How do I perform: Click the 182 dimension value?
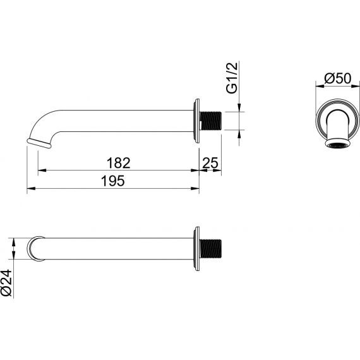pyautogui.click(x=119, y=163)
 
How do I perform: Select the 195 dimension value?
pyautogui.click(x=113, y=181)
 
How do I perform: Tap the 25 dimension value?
pyautogui.click(x=210, y=163)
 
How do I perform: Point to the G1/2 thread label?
pyautogui.click(x=232, y=78)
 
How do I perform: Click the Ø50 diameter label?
pyautogui.click(x=338, y=78)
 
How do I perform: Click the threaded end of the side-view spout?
pyautogui.click(x=211, y=121)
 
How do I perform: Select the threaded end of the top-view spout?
pyautogui.click(x=211, y=249)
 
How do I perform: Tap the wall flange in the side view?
pyautogui.click(x=196, y=121)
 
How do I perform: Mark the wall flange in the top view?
pyautogui.click(x=196, y=249)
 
